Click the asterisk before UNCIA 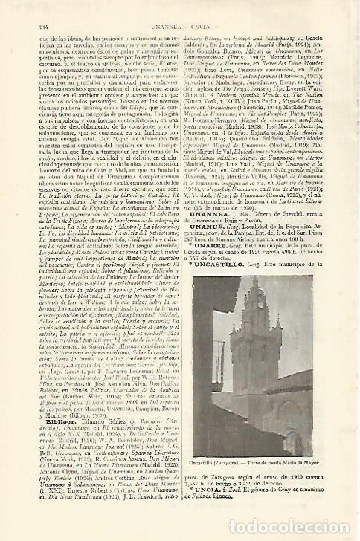(x=192, y=521)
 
